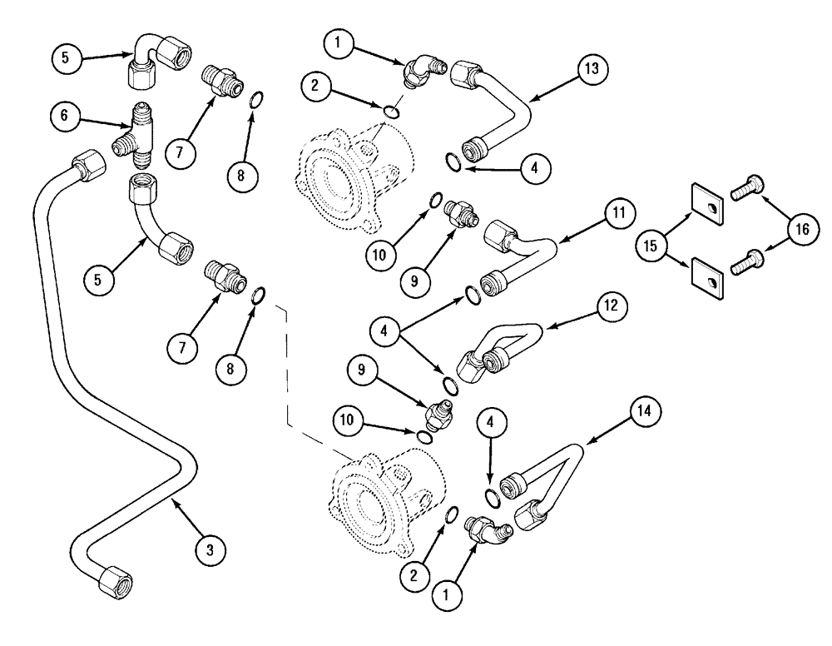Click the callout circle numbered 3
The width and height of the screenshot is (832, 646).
click(x=210, y=549)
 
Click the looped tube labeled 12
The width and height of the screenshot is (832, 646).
click(x=499, y=350)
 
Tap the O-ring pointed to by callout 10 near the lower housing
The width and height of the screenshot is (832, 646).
click(x=423, y=438)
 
